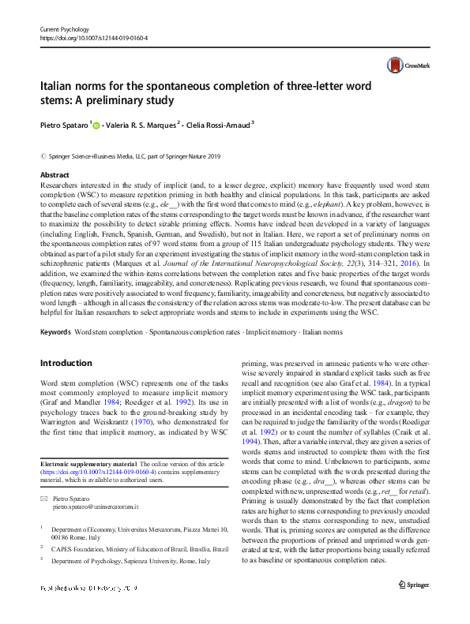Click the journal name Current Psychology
(65, 28)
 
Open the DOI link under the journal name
(93, 38)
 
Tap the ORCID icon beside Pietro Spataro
(98, 123)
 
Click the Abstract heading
(54, 174)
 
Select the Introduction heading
(66, 363)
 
